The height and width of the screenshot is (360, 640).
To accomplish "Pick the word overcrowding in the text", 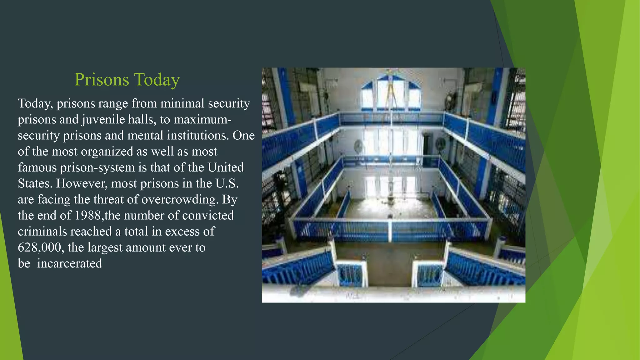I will click(x=180, y=199).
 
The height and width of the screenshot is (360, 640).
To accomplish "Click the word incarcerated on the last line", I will click(x=70, y=263).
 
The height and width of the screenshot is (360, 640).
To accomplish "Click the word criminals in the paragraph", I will click(x=42, y=232).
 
